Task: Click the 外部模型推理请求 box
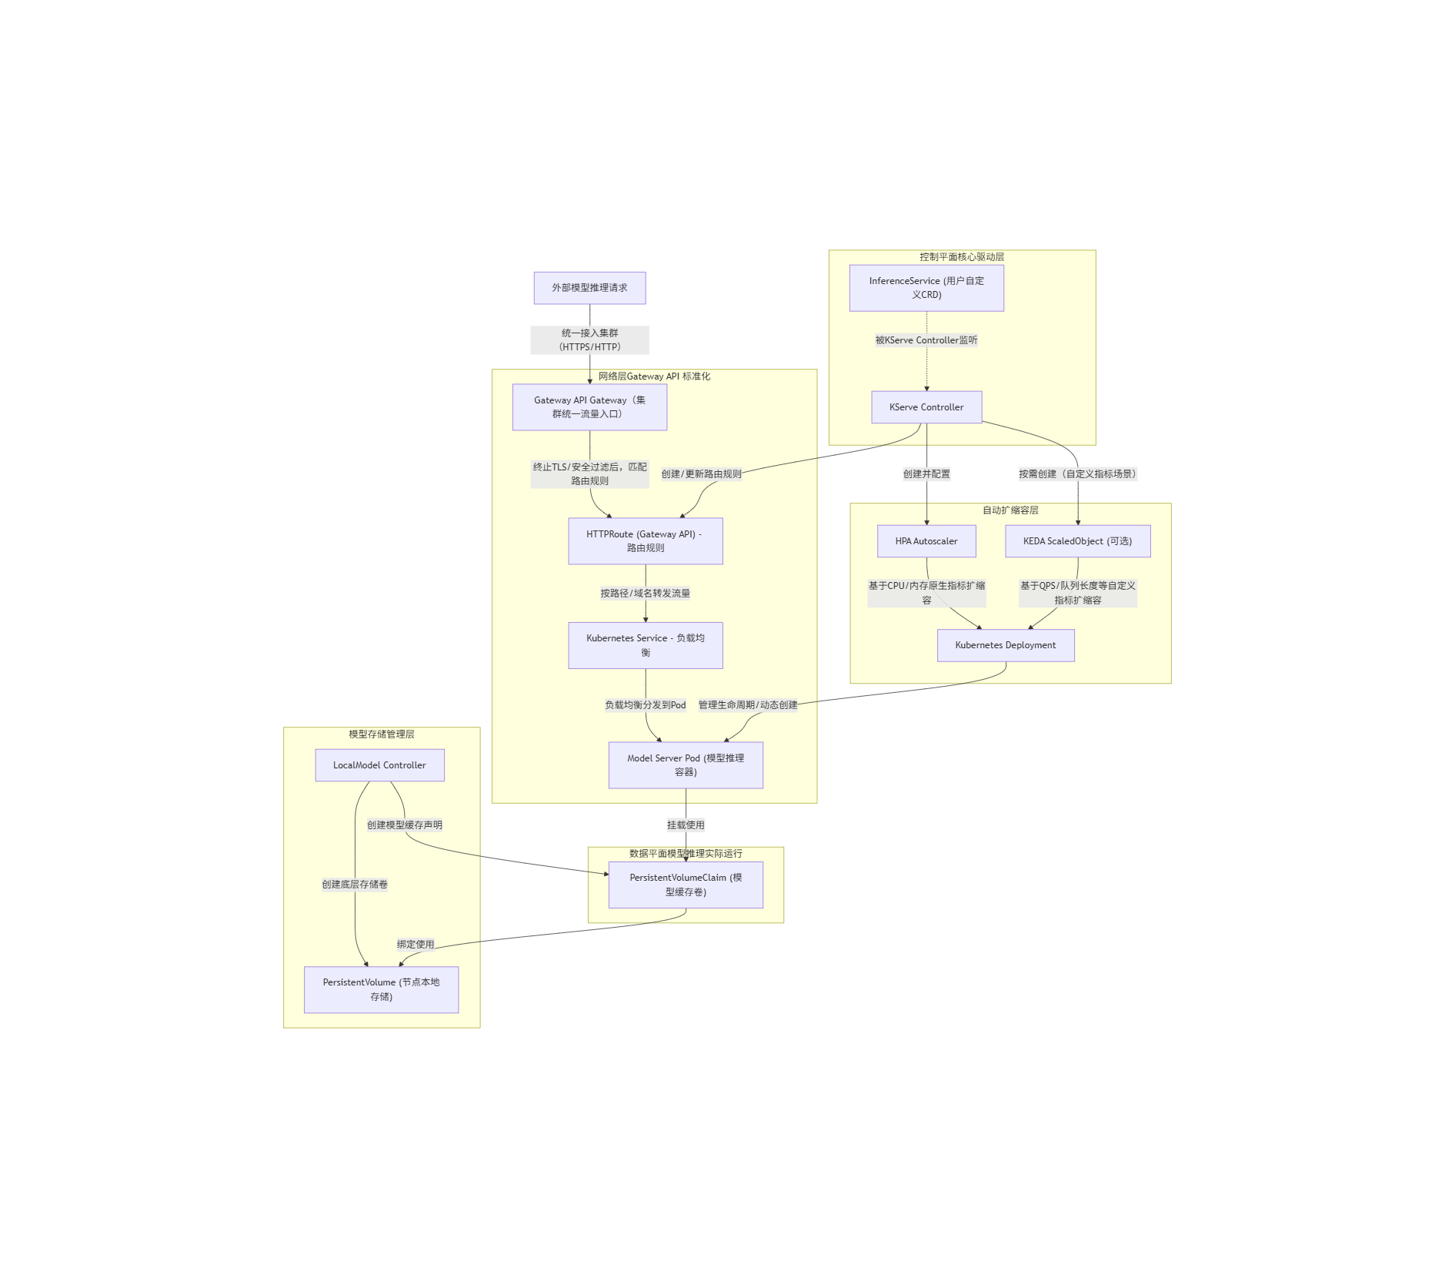589,288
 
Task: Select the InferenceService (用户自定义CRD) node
926,288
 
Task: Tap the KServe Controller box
926,407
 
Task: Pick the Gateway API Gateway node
589,407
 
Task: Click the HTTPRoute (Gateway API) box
645,541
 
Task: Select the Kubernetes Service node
645,645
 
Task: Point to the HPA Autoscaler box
926,541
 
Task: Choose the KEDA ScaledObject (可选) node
1077,541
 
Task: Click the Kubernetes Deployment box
1006,645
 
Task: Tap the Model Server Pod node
686,765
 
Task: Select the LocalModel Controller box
379,765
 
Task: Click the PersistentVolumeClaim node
686,885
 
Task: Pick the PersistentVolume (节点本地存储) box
381,989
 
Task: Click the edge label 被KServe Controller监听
926,340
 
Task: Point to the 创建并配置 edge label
926,474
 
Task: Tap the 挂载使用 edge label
686,825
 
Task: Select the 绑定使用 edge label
415,945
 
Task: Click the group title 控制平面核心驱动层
962,257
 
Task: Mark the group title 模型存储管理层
382,734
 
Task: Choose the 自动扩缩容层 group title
1010,510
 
